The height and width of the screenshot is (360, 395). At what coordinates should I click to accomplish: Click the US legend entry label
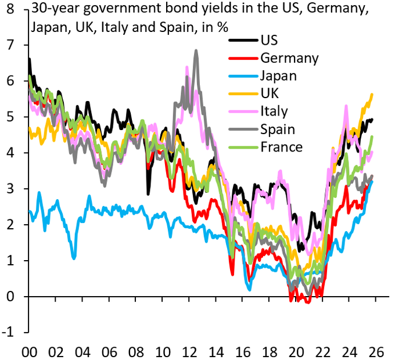pyautogui.click(x=269, y=40)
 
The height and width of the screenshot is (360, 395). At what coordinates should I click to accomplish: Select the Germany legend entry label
pyautogui.click(x=289, y=58)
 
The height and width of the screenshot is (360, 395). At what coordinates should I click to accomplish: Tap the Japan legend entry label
pyautogui.click(x=279, y=76)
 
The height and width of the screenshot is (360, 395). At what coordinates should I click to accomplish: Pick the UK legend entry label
pyautogui.click(x=270, y=93)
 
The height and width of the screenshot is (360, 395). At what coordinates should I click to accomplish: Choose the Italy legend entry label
pyautogui.click(x=274, y=111)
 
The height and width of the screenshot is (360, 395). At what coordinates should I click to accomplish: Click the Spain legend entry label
pyautogui.click(x=278, y=129)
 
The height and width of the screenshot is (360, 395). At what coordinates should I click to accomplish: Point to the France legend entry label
pyautogui.click(x=282, y=147)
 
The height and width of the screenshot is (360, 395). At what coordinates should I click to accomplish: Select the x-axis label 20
pyautogui.click(x=296, y=352)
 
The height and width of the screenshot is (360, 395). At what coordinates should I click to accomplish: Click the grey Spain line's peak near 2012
pyautogui.click(x=196, y=51)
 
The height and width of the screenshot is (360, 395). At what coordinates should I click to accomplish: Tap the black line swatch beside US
pyautogui.click(x=242, y=40)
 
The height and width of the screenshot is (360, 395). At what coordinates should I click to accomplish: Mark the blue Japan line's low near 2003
pyautogui.click(x=74, y=257)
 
